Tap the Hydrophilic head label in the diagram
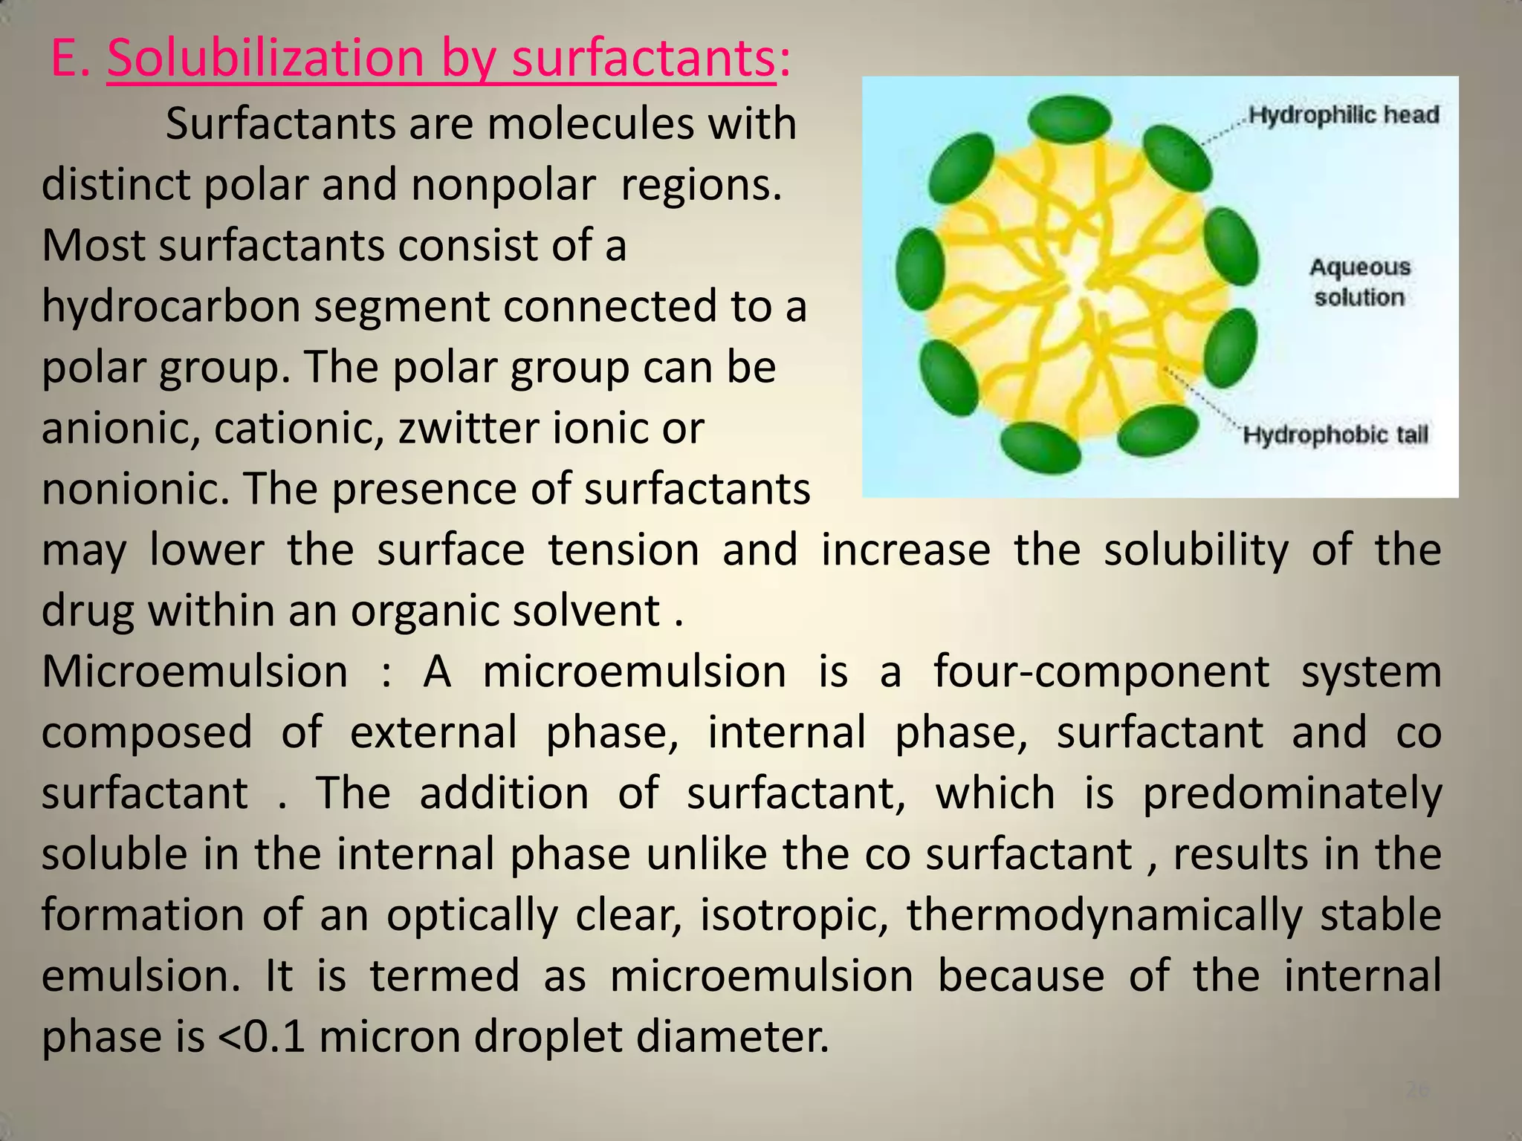pos(1344,115)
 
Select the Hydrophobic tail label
pos(1335,435)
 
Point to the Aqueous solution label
pos(1359,282)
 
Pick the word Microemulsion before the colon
pos(195,672)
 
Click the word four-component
pos(1101,672)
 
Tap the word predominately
pos(1292,793)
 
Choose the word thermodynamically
pos(1104,915)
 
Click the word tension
pos(624,550)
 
